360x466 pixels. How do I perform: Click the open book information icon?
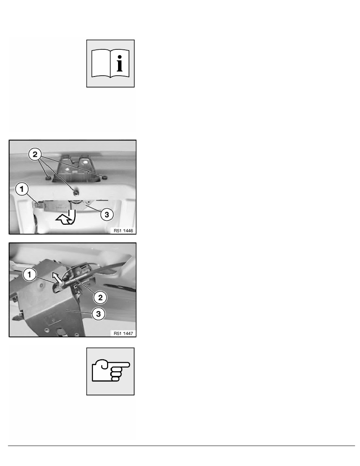coord(110,63)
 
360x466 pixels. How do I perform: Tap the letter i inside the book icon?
coord(120,63)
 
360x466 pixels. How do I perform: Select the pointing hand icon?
coord(110,371)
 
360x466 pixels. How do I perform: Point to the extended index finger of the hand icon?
coord(120,365)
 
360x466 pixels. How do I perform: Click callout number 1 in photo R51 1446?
coord(22,189)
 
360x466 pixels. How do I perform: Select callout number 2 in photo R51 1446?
coord(35,155)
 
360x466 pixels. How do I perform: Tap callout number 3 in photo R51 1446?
coord(107,214)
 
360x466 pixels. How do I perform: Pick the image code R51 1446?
coord(123,231)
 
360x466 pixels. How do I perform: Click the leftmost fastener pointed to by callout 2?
coord(48,178)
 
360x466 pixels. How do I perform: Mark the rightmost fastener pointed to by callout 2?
coord(104,177)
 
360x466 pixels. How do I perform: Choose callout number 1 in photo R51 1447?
coord(29,274)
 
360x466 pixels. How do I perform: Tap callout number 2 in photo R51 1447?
coord(100,297)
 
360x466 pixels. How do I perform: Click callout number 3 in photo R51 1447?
coord(98,313)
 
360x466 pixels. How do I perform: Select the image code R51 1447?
coord(123,333)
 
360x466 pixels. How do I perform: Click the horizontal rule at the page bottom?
coord(182,446)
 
